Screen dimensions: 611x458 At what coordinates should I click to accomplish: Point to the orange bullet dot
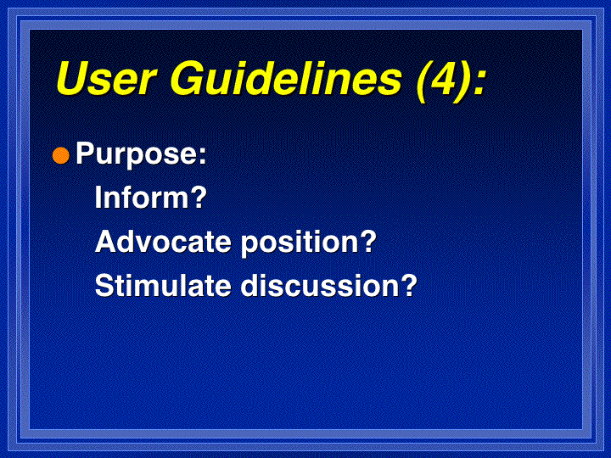coord(61,156)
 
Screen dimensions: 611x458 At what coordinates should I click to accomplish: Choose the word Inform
coord(141,197)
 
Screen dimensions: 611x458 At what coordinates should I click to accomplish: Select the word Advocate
coord(163,242)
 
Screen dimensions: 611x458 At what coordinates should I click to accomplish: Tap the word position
coord(299,243)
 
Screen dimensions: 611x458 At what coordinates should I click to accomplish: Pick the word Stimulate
coord(163,286)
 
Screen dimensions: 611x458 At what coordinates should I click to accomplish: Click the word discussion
coord(318,286)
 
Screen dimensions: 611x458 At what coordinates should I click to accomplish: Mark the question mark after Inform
coord(197,197)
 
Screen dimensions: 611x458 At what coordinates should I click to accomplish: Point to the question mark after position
coord(367,241)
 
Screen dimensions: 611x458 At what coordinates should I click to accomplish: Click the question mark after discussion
coord(407,285)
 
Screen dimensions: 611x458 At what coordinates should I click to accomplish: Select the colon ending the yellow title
coord(479,82)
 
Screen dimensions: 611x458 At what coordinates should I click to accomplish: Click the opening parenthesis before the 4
coord(423,81)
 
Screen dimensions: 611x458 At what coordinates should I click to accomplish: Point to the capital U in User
coord(74,78)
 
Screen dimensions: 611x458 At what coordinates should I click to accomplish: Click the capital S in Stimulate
coord(106,286)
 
